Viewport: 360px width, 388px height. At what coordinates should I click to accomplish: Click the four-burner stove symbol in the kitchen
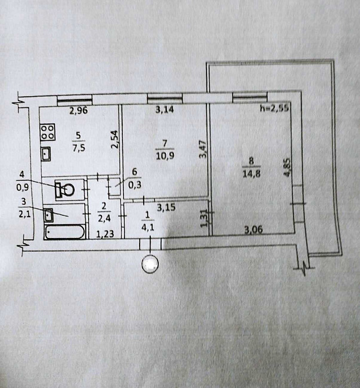[48, 132]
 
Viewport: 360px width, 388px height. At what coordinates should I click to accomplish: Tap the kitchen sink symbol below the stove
[46, 153]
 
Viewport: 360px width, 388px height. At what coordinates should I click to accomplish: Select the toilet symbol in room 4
[65, 189]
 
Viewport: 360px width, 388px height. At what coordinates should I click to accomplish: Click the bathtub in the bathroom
[64, 232]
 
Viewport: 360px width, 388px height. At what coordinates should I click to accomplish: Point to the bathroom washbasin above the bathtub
[48, 215]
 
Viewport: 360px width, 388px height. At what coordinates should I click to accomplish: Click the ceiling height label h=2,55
[275, 108]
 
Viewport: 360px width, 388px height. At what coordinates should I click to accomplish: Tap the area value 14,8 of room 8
[251, 174]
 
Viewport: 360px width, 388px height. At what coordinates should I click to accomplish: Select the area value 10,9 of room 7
[165, 156]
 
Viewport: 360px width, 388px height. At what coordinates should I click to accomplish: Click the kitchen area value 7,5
[78, 148]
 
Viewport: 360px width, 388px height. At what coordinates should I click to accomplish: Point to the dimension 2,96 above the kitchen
[78, 111]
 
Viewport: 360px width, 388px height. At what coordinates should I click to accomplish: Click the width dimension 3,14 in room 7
[165, 109]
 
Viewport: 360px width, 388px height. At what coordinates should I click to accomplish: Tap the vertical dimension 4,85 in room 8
[287, 167]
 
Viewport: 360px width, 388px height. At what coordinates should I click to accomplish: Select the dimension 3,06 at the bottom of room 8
[253, 230]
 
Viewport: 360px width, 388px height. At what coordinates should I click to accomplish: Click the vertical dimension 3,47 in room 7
[203, 149]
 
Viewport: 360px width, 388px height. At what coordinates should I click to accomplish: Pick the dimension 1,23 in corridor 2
[105, 234]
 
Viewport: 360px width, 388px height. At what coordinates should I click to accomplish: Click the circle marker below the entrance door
[150, 264]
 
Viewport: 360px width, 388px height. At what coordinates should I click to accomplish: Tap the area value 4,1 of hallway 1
[148, 227]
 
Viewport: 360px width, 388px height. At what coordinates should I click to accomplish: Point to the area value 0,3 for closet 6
[134, 185]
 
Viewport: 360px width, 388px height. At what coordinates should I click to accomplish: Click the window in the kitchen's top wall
[75, 100]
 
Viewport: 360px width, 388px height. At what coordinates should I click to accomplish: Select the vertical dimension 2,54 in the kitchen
[115, 140]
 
